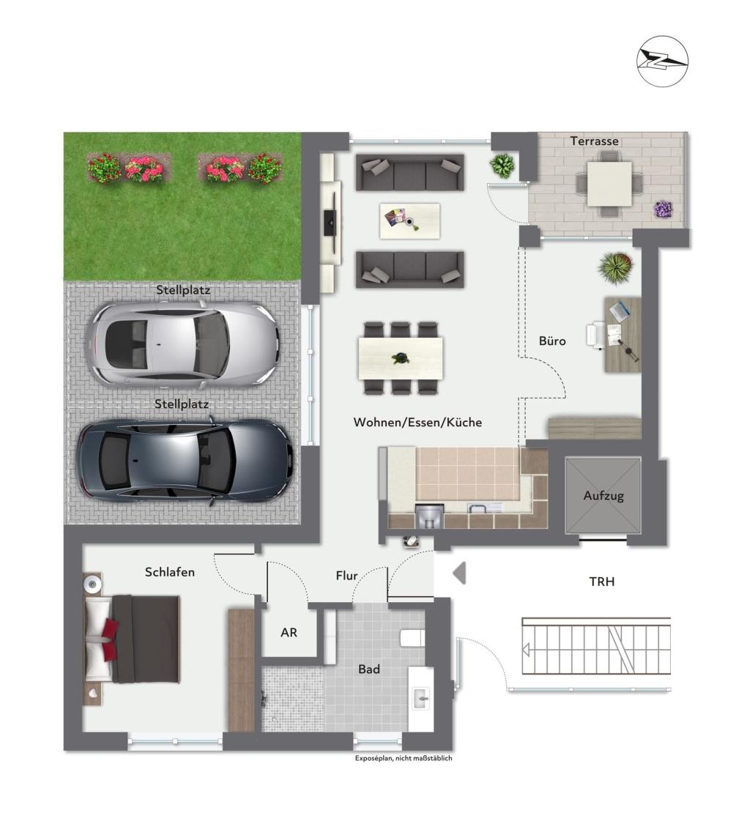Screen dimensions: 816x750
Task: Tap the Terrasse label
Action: [595, 141]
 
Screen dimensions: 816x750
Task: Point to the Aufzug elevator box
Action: [604, 496]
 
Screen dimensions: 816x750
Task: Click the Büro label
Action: [552, 341]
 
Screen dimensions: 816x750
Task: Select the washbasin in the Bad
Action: [422, 697]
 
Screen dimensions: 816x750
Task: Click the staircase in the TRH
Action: [595, 645]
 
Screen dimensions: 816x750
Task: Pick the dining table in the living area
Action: [401, 358]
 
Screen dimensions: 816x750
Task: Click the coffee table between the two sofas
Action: [409, 220]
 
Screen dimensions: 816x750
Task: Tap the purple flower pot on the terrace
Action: [663, 209]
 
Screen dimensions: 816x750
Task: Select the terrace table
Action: [609, 183]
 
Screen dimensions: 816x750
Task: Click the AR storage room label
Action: [289, 632]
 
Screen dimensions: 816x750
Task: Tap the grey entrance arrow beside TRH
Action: [459, 572]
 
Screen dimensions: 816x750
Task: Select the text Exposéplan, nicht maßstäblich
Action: [404, 758]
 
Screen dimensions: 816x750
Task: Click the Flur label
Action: [346, 576]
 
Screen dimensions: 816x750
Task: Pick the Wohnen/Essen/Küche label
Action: [417, 423]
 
